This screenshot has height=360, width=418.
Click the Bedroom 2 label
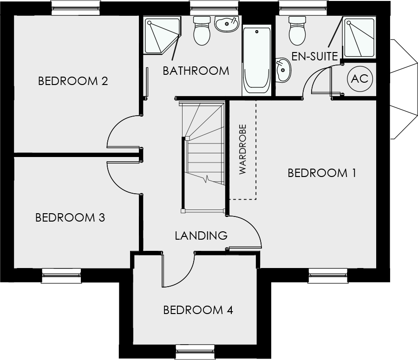pyautogui.click(x=73, y=81)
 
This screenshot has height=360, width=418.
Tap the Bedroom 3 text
pyautogui.click(x=71, y=217)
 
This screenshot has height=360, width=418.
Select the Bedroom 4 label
pyautogui.click(x=198, y=310)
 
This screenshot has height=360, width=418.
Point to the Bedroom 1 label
pyautogui.click(x=322, y=173)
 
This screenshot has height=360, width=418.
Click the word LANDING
pyautogui.click(x=201, y=236)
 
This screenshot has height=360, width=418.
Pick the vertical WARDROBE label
pyautogui.click(x=242, y=149)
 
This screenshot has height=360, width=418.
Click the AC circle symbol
pyautogui.click(x=360, y=79)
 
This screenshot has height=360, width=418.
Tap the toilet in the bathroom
pyautogui.click(x=202, y=31)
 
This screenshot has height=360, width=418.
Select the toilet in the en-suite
pyautogui.click(x=297, y=31)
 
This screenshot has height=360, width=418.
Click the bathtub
pyautogui.click(x=257, y=60)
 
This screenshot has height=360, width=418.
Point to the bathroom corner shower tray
pyautogui.click(x=162, y=36)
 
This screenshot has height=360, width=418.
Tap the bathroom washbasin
pyautogui.click(x=226, y=24)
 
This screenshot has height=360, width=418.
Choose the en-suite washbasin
pyautogui.click(x=283, y=70)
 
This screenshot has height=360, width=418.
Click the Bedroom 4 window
pyautogui.click(x=196, y=352)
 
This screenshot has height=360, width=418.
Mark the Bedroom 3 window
pyautogui.click(x=62, y=275)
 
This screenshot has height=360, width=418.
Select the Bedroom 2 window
pyautogui.click(x=76, y=8)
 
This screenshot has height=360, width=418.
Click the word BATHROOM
pyautogui.click(x=196, y=71)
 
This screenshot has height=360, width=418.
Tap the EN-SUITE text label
pyautogui.click(x=315, y=57)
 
